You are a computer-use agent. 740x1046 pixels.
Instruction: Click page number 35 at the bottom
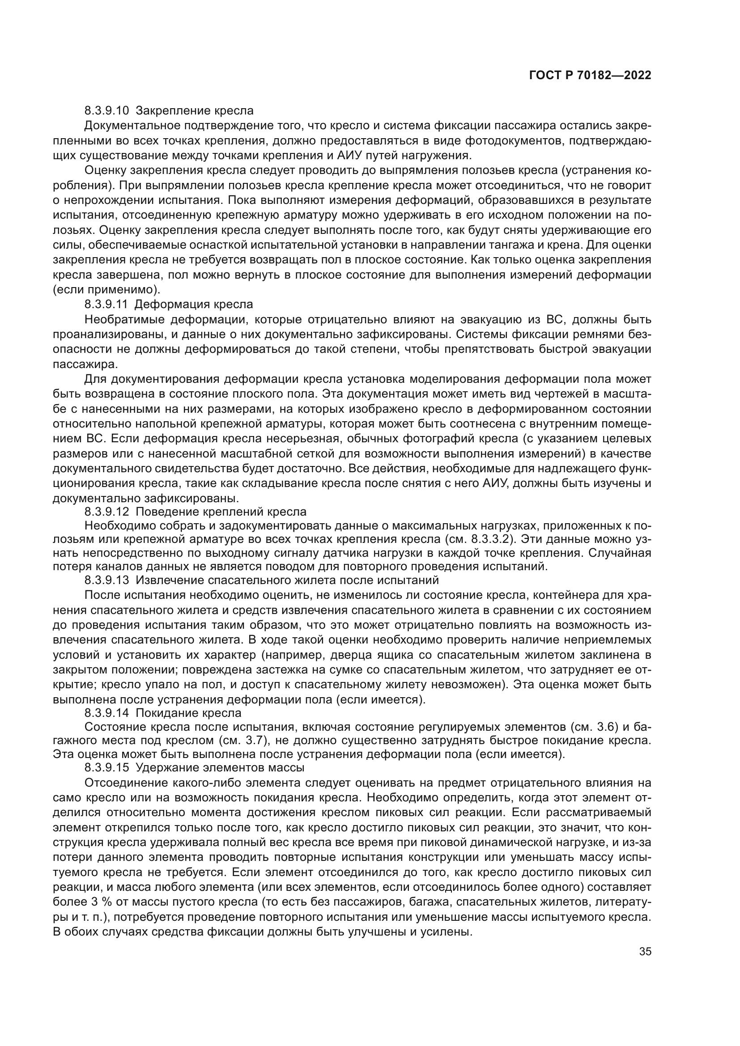tap(645, 952)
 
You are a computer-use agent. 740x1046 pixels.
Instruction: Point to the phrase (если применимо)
tap(106, 290)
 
